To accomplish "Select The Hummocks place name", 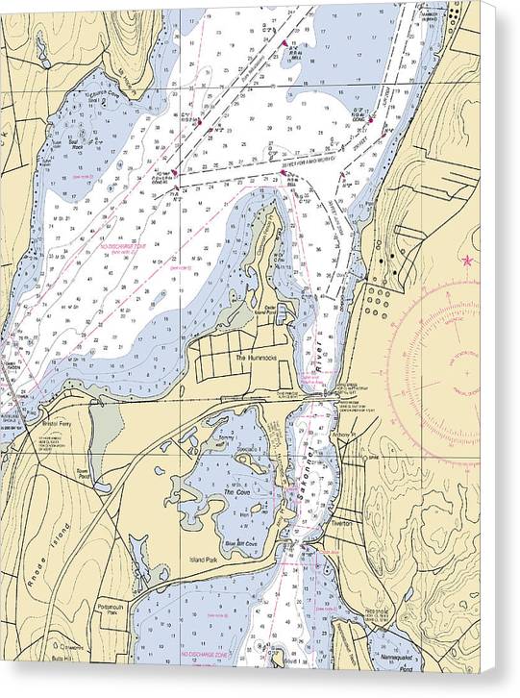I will pos(256,357).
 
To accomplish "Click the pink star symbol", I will pos(468,260).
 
